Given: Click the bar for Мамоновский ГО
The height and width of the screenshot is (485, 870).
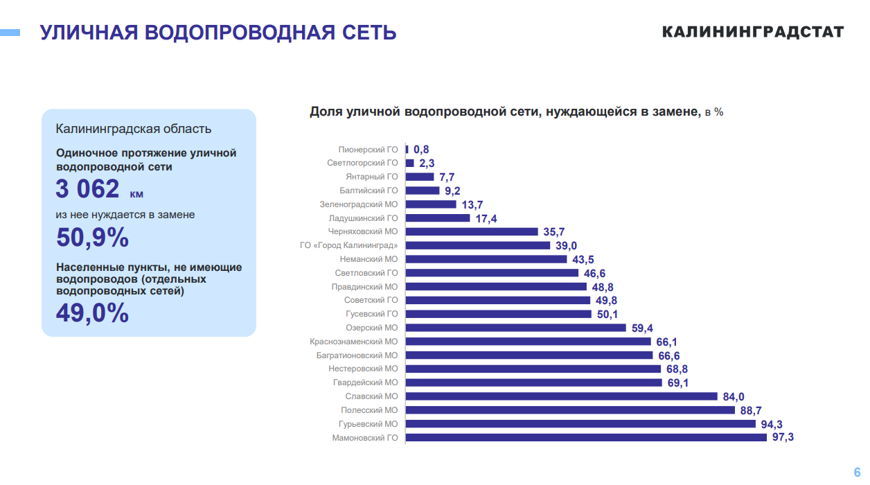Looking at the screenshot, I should [586, 437].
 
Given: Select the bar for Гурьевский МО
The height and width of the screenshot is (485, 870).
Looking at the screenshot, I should [580, 423].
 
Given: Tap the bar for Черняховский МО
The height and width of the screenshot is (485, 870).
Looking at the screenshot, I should [472, 231].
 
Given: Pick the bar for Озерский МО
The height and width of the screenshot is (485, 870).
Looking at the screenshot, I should [515, 328].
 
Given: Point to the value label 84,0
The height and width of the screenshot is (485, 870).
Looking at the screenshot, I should [733, 396].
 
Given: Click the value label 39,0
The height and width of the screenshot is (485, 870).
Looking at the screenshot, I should [566, 245].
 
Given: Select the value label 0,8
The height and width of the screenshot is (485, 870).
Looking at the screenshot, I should [421, 149].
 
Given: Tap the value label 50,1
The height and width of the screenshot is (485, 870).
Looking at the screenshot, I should [607, 314].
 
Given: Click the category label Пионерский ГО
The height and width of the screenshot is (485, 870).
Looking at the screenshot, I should [368, 149].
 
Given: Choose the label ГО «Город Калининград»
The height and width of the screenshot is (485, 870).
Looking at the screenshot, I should [348, 245].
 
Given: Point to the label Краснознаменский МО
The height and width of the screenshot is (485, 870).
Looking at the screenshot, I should [354, 342].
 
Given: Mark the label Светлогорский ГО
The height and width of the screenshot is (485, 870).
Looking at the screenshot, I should [362, 163].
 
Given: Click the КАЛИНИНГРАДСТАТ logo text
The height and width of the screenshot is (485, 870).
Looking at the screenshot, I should [753, 32].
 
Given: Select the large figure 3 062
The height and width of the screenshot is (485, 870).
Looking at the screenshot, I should [87, 188].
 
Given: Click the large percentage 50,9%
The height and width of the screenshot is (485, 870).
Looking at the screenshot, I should [92, 238].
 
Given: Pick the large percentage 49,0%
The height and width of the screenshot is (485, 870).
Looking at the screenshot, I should [92, 313].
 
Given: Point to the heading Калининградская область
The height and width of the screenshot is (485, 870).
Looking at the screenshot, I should [134, 129].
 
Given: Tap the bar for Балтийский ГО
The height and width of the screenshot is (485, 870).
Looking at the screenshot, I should [423, 191].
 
